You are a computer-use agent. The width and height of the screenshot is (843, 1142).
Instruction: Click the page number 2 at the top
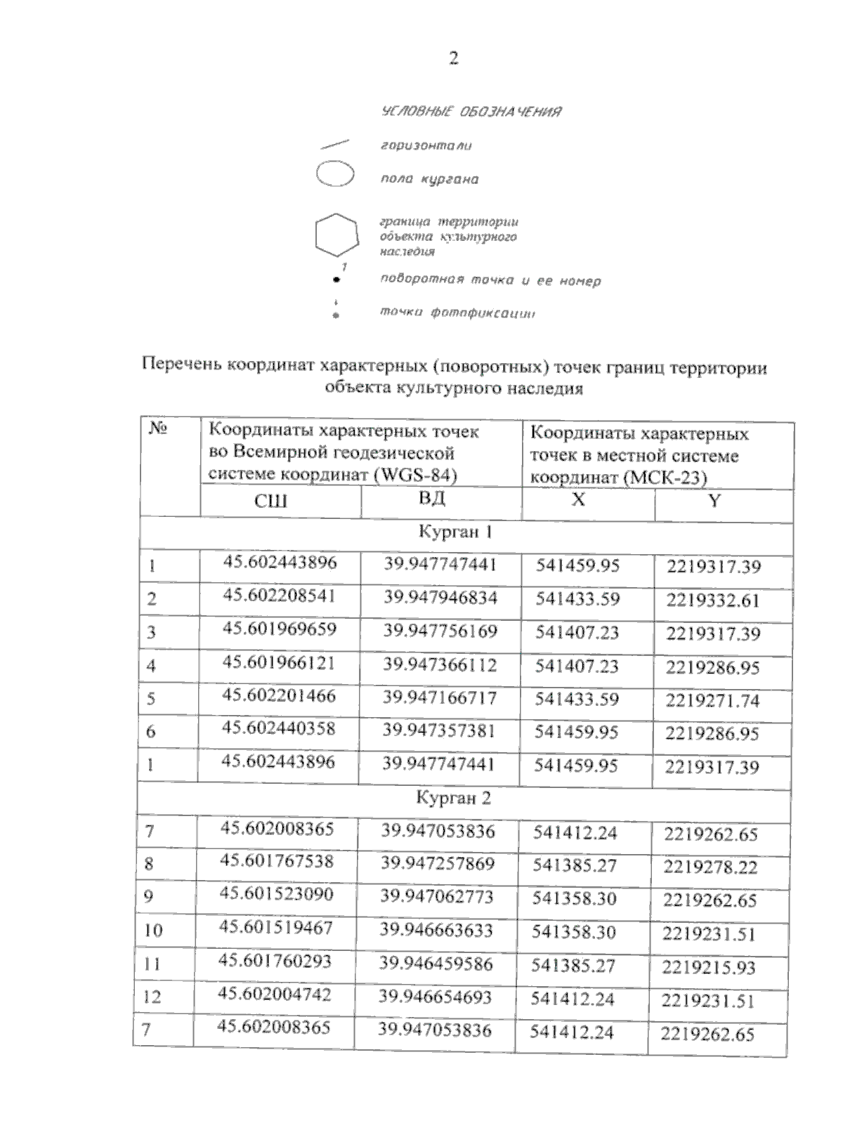453,59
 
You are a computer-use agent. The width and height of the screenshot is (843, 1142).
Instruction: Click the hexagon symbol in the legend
336,235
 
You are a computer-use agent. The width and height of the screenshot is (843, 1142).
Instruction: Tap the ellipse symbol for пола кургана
335,174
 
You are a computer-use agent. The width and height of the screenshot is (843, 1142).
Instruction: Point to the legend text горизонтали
426,146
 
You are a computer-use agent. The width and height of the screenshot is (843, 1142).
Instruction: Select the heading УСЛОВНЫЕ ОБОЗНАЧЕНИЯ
471,112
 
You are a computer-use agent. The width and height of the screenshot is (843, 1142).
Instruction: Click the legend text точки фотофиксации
457,313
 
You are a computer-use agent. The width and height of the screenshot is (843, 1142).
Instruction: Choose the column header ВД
432,499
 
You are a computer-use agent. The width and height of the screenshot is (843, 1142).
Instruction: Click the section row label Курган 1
455,532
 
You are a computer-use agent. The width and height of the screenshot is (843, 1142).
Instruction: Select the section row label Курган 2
453,799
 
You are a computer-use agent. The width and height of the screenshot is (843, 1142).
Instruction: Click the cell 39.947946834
440,598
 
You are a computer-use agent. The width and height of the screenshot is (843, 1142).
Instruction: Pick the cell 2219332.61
713,600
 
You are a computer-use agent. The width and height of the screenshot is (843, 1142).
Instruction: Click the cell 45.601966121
279,663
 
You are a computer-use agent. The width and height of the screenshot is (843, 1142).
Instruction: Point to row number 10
153,931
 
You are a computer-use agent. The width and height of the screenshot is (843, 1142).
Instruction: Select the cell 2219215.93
710,968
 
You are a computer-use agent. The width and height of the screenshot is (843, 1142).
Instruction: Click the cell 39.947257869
438,864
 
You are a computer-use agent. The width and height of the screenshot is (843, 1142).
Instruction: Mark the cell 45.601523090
276,895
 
